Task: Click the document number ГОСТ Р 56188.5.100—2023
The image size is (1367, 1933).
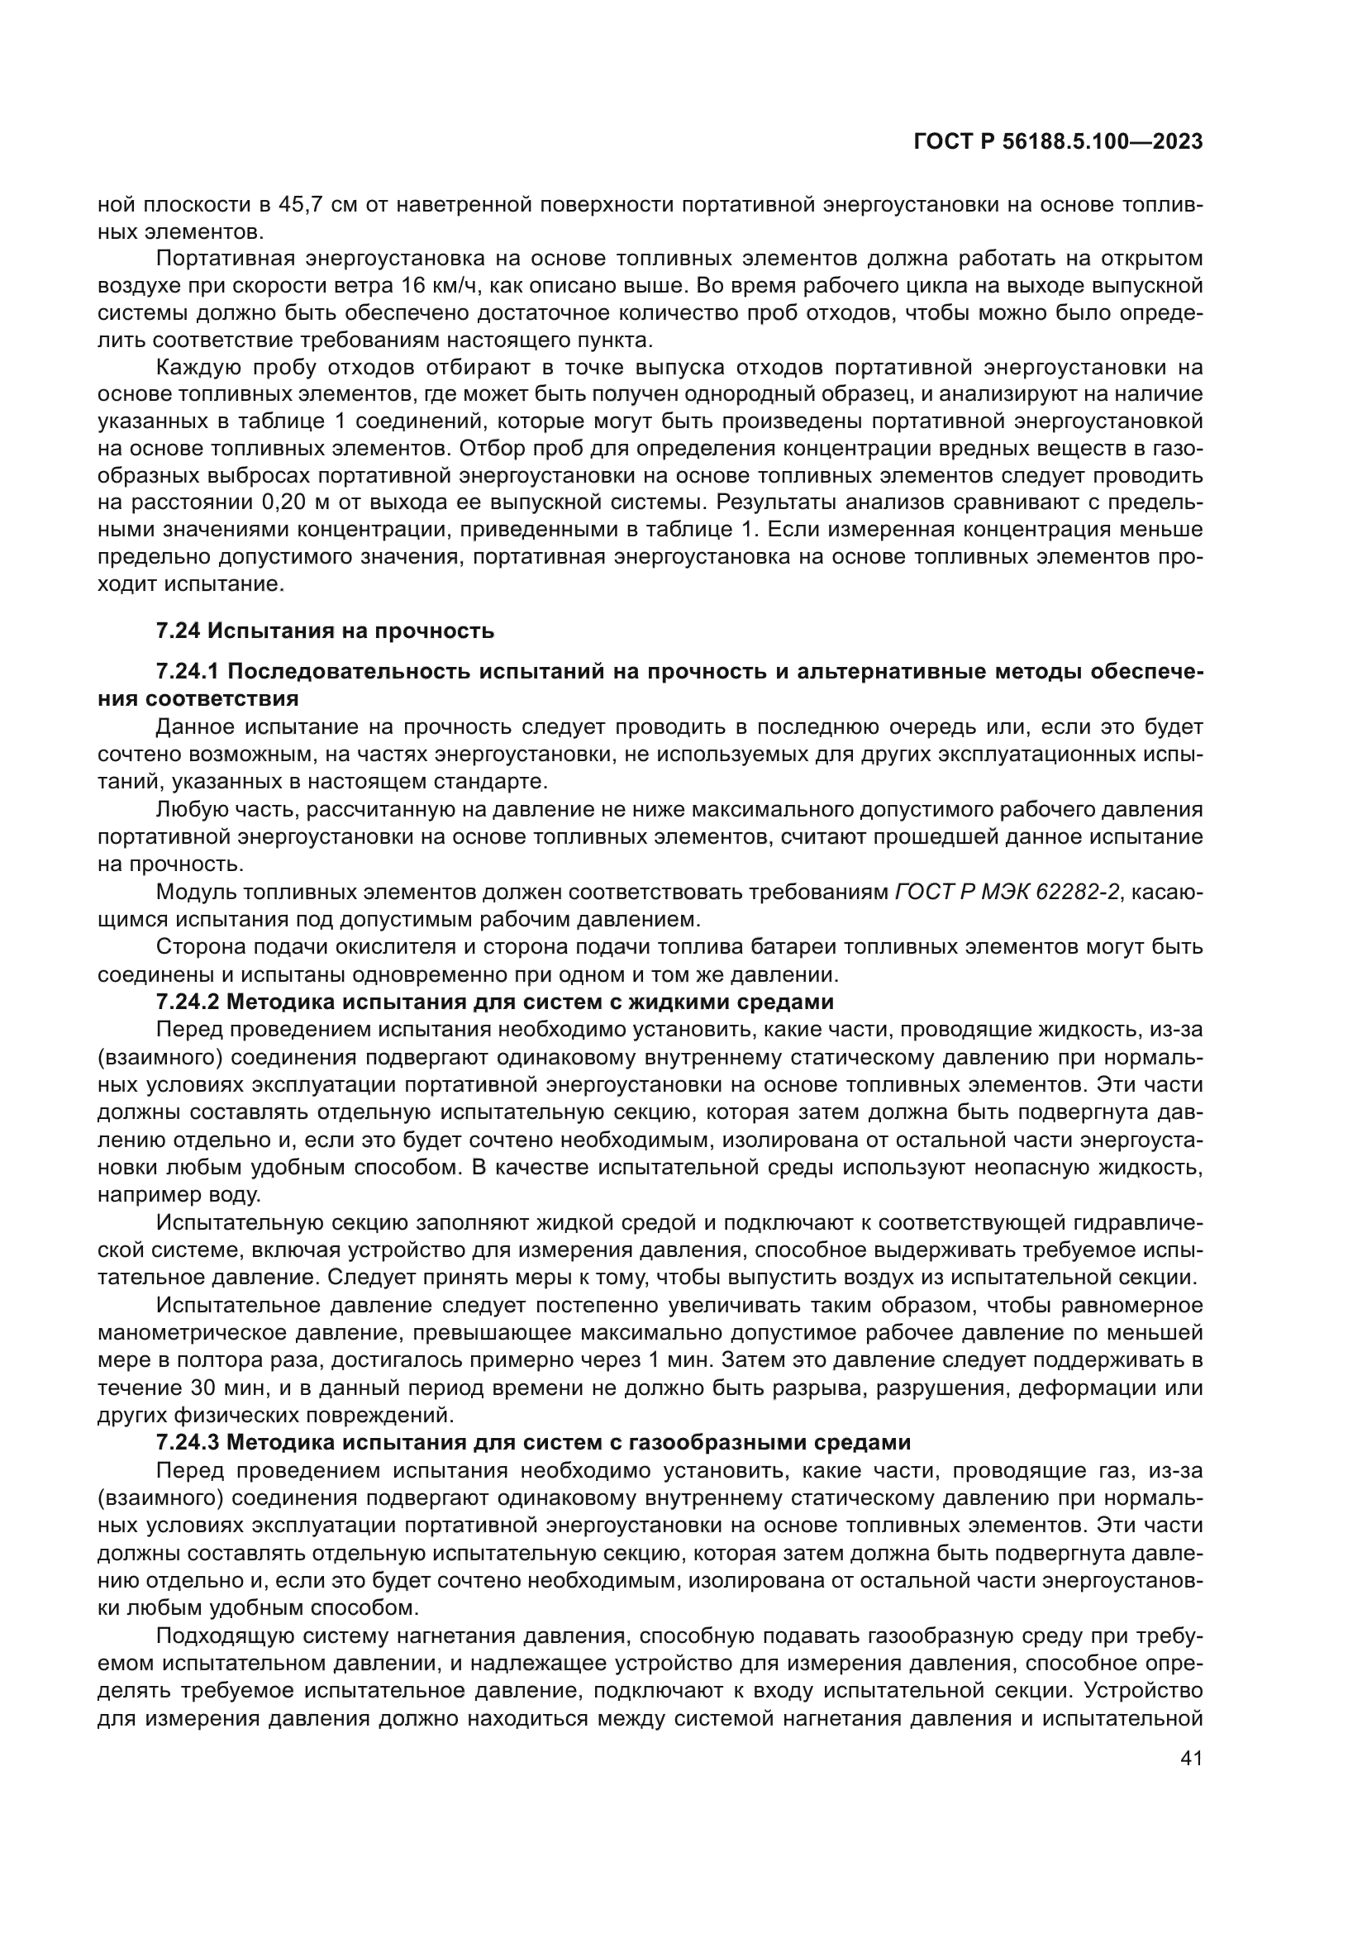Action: click(1057, 142)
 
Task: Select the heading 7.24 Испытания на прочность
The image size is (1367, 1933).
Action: click(325, 631)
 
